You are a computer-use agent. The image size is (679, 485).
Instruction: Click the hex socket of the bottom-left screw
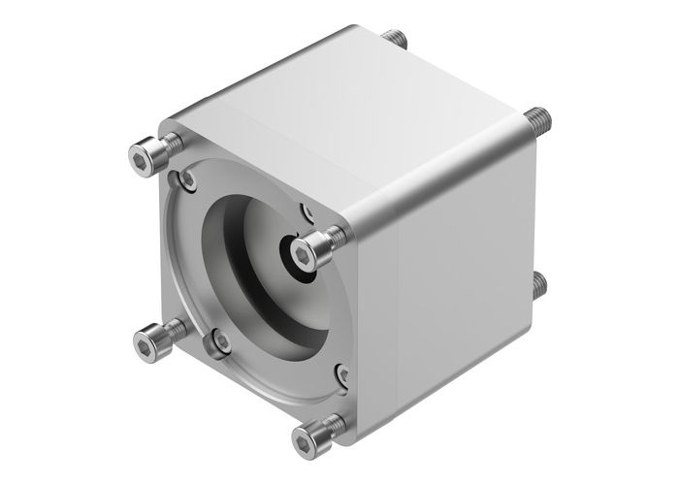(142, 343)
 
